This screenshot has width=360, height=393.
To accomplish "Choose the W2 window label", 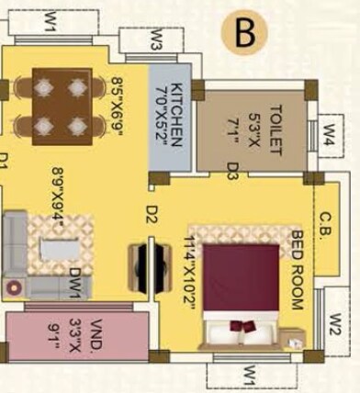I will tap(337, 324).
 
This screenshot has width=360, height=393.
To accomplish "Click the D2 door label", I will tap(152, 214).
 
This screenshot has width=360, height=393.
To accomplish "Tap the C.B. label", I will tap(326, 224).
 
